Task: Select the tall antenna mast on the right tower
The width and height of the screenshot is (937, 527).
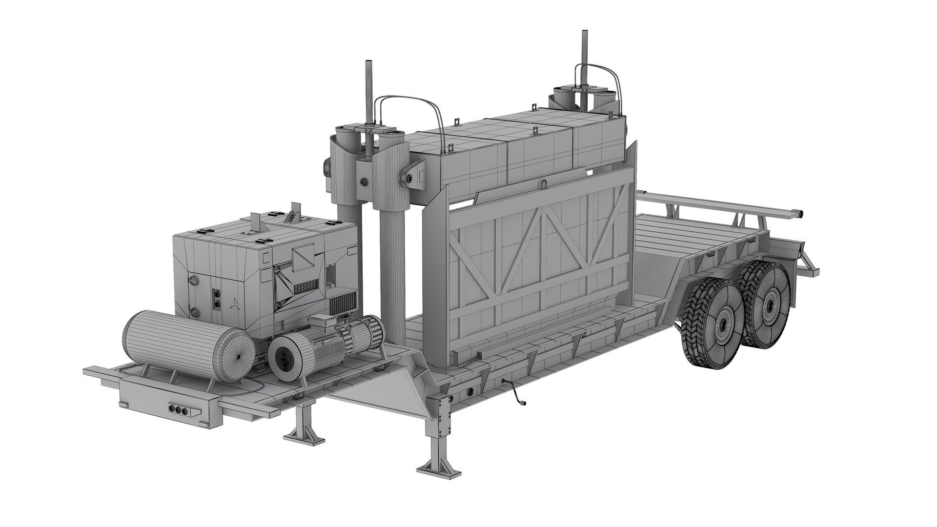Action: coord(583,59)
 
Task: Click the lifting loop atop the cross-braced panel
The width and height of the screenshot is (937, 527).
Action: coord(543,184)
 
